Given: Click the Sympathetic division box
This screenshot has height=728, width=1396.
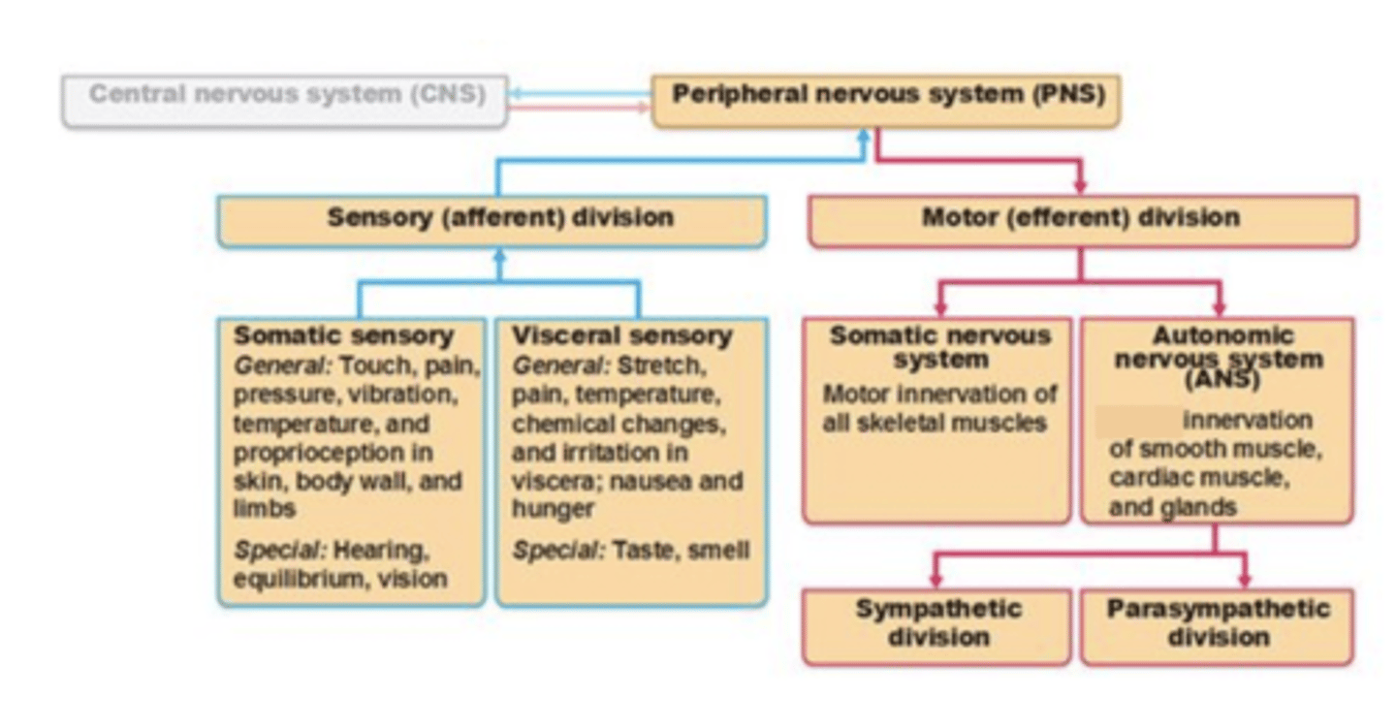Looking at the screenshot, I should (936, 625).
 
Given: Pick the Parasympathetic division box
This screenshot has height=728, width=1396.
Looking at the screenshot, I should (1217, 625).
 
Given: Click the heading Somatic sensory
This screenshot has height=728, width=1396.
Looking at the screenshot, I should (343, 336).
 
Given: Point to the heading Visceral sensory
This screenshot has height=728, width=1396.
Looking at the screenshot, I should (621, 336).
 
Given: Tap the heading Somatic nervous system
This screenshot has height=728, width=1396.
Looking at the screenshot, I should (938, 347).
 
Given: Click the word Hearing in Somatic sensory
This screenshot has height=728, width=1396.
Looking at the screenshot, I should (379, 551).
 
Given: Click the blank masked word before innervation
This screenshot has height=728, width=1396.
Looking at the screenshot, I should (1138, 421).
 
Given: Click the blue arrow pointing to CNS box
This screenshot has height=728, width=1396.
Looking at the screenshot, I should (518, 94).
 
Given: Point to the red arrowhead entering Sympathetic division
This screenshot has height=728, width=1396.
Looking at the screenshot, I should (936, 580).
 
